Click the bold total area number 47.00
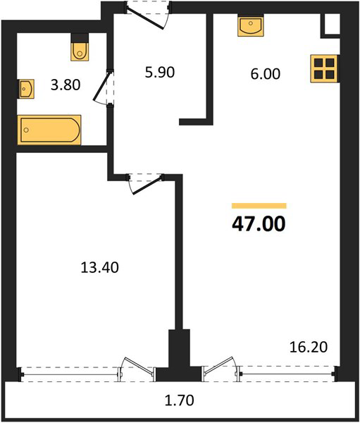click(x=259, y=224)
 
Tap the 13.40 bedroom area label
click(x=100, y=268)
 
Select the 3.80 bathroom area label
click(x=66, y=85)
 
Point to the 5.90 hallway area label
click(x=160, y=73)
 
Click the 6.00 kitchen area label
click(x=266, y=74)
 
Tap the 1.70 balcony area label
click(x=180, y=400)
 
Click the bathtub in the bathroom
click(x=49, y=130)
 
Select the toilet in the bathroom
click(x=80, y=47)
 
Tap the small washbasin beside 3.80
click(x=26, y=89)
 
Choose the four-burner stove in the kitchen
click(x=324, y=68)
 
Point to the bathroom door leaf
click(x=101, y=86)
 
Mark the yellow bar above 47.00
click(x=259, y=206)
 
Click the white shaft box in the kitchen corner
click(x=332, y=24)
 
